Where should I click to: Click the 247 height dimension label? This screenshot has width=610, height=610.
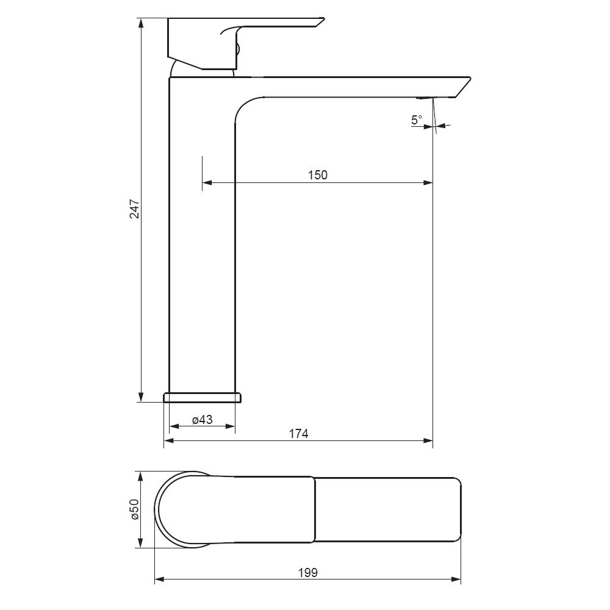coord(135,209)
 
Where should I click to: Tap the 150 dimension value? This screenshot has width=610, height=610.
coord(318,175)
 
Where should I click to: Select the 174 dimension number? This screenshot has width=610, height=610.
coord(298,433)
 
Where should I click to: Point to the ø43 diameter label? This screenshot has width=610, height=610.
coord(203,420)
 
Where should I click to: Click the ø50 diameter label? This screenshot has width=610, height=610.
coord(135,509)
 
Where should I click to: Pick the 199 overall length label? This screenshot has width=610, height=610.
coord(307,573)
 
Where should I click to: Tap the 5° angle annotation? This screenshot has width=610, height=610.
coord(417,120)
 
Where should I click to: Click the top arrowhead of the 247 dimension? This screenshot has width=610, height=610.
coord(141,23)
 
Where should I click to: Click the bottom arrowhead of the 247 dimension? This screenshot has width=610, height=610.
coord(141,397)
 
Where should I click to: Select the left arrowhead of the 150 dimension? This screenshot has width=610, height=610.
coord(207,182)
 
